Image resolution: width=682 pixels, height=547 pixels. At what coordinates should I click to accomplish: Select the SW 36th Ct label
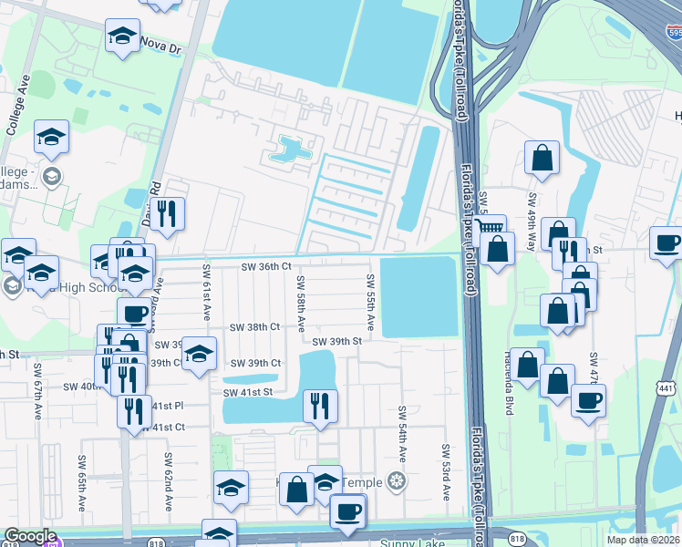(265, 267)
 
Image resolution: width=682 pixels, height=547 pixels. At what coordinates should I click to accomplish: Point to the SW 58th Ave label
(300, 304)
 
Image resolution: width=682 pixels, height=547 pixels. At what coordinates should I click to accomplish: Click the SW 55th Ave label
(370, 301)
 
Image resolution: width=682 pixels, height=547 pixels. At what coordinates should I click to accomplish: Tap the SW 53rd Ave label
(447, 472)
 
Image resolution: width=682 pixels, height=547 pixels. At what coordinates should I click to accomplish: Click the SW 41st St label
(248, 392)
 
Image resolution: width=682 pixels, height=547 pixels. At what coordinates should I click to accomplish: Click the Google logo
(30, 537)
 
